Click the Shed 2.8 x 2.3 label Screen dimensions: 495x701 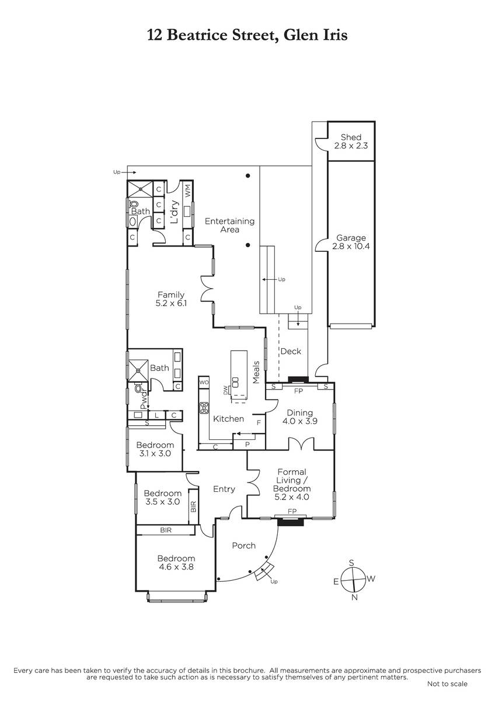351,141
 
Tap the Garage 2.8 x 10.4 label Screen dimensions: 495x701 351,242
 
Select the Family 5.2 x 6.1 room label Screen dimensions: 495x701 171,299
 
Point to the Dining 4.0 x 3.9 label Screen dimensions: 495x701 299,417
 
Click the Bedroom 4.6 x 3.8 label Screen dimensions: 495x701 176,563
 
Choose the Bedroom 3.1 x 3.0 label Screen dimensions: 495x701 155,449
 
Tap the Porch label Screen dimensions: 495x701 244,546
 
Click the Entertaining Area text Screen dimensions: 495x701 229,225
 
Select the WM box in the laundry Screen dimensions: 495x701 187,190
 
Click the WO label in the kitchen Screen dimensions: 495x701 204,382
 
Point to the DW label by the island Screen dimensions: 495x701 225,390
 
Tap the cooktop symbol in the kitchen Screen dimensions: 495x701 204,408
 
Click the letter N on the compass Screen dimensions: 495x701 354,598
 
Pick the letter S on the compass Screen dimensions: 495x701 351,563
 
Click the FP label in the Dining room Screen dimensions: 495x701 299,391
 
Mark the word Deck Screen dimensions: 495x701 291,351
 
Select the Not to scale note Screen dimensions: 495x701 447,684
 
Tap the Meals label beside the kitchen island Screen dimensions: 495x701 256,373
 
